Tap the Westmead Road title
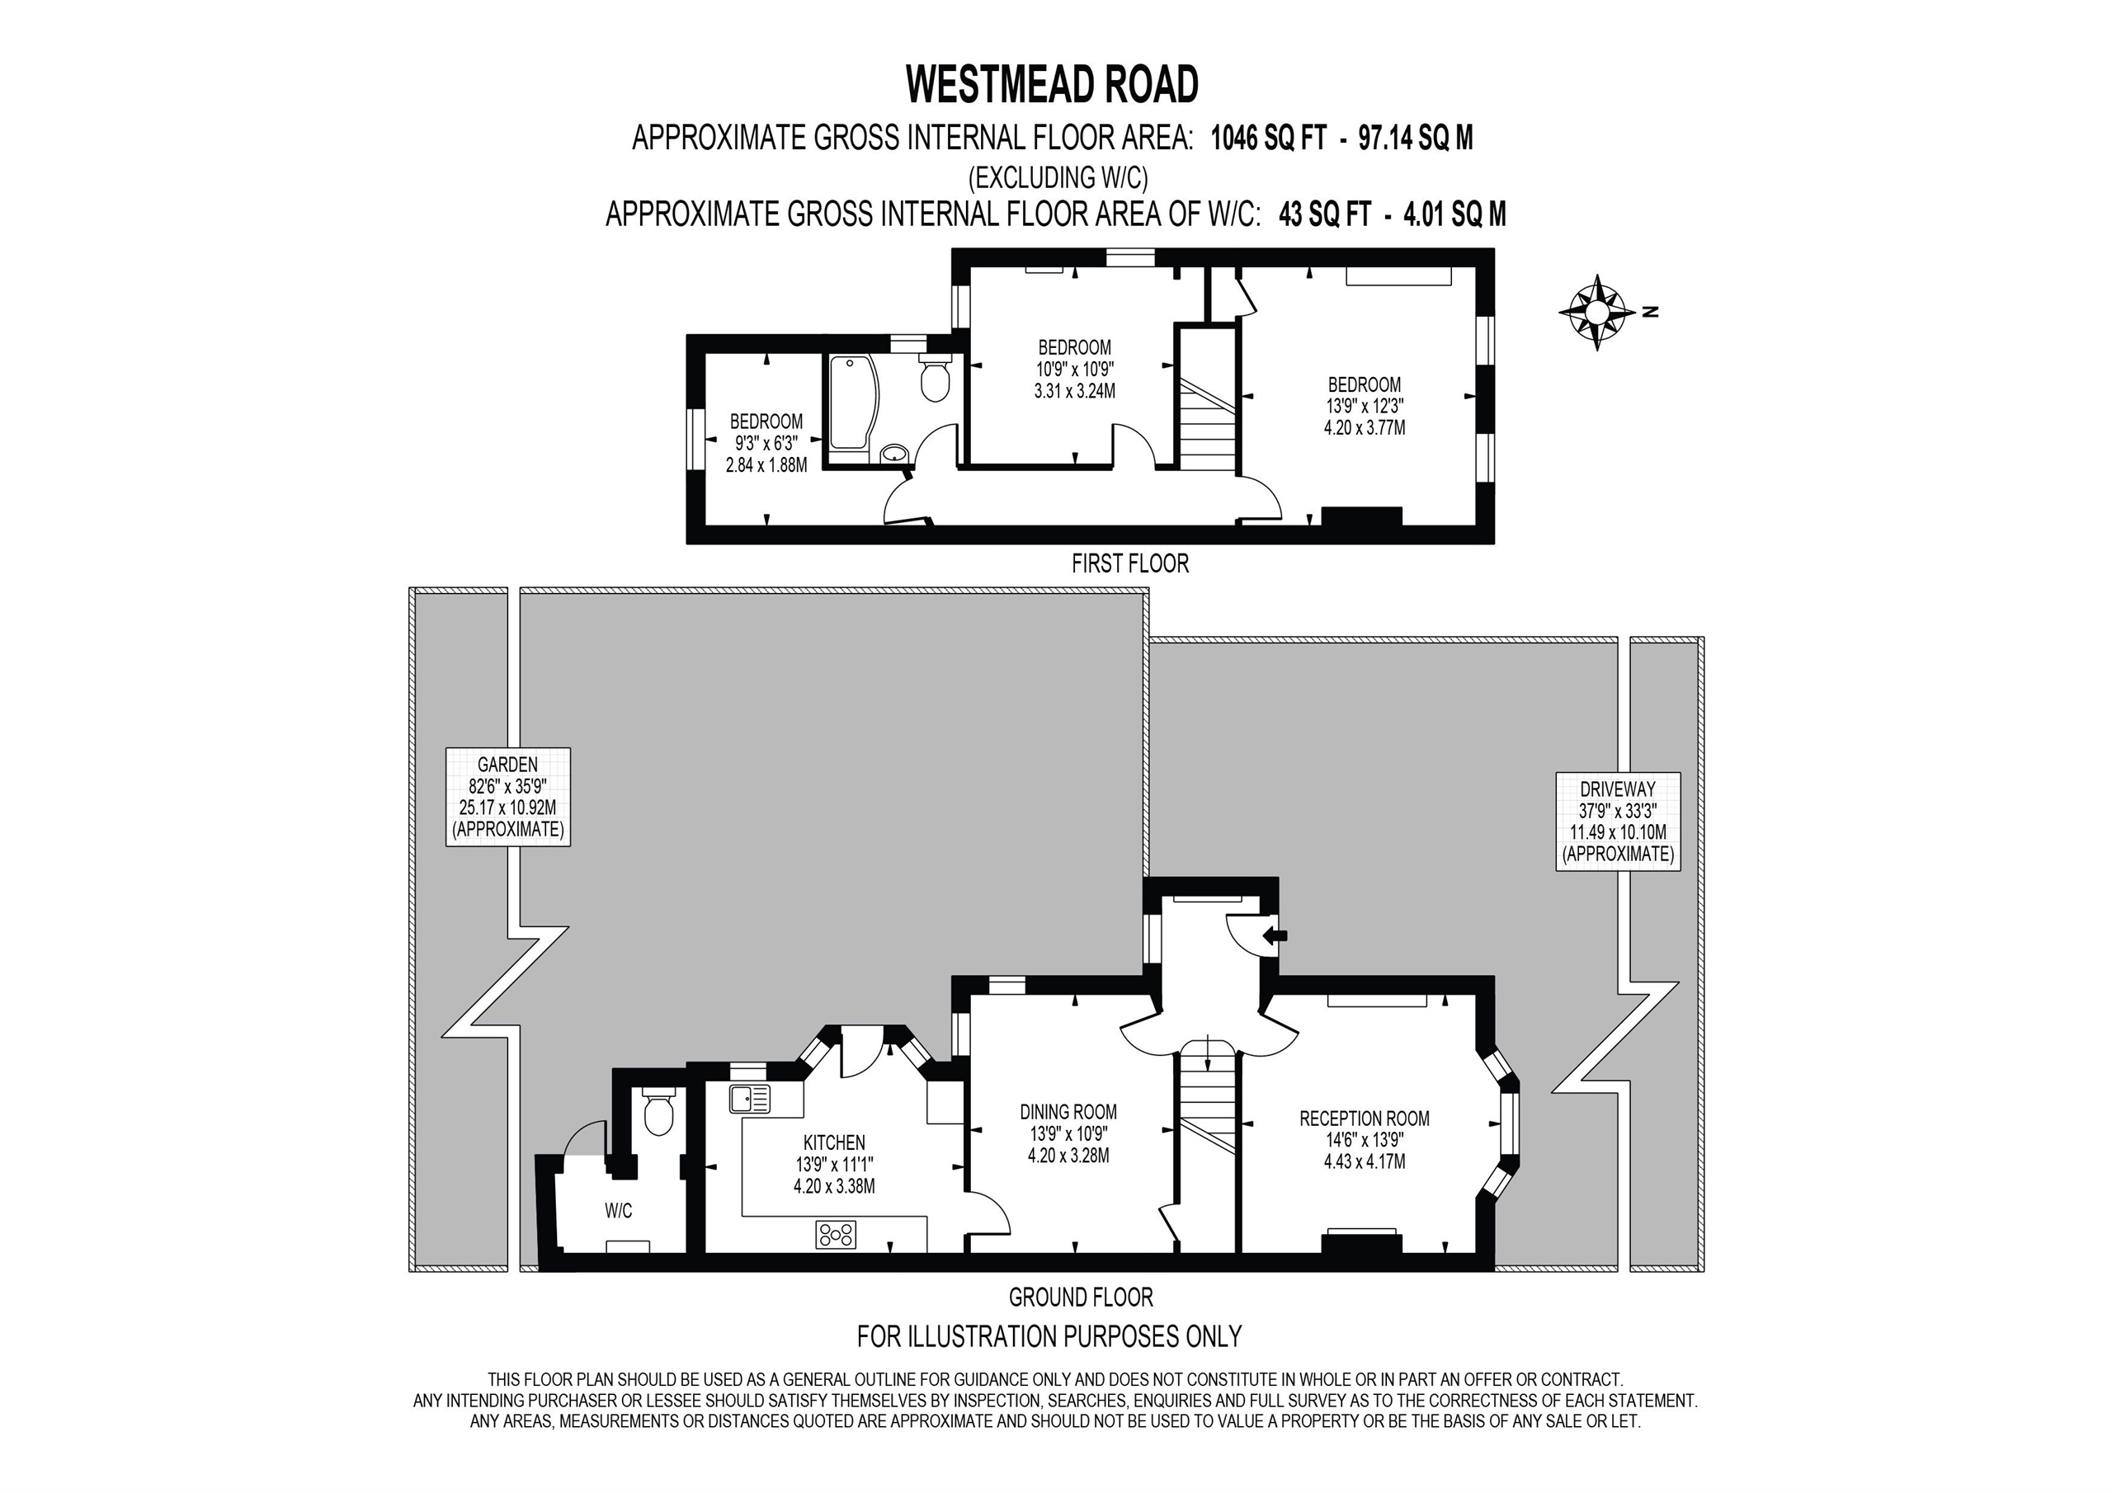point(1053,85)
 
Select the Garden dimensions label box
point(507,797)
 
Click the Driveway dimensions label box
point(1617,822)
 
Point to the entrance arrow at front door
point(1275,936)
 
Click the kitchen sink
point(750,1099)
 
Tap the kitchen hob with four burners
point(835,1235)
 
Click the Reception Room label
point(1365,1140)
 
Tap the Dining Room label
point(1068,1133)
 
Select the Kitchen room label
point(834,1164)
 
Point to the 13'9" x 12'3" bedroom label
point(1365,406)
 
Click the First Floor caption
point(1129,564)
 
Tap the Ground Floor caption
point(1081,1297)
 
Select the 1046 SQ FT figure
point(1269,138)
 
